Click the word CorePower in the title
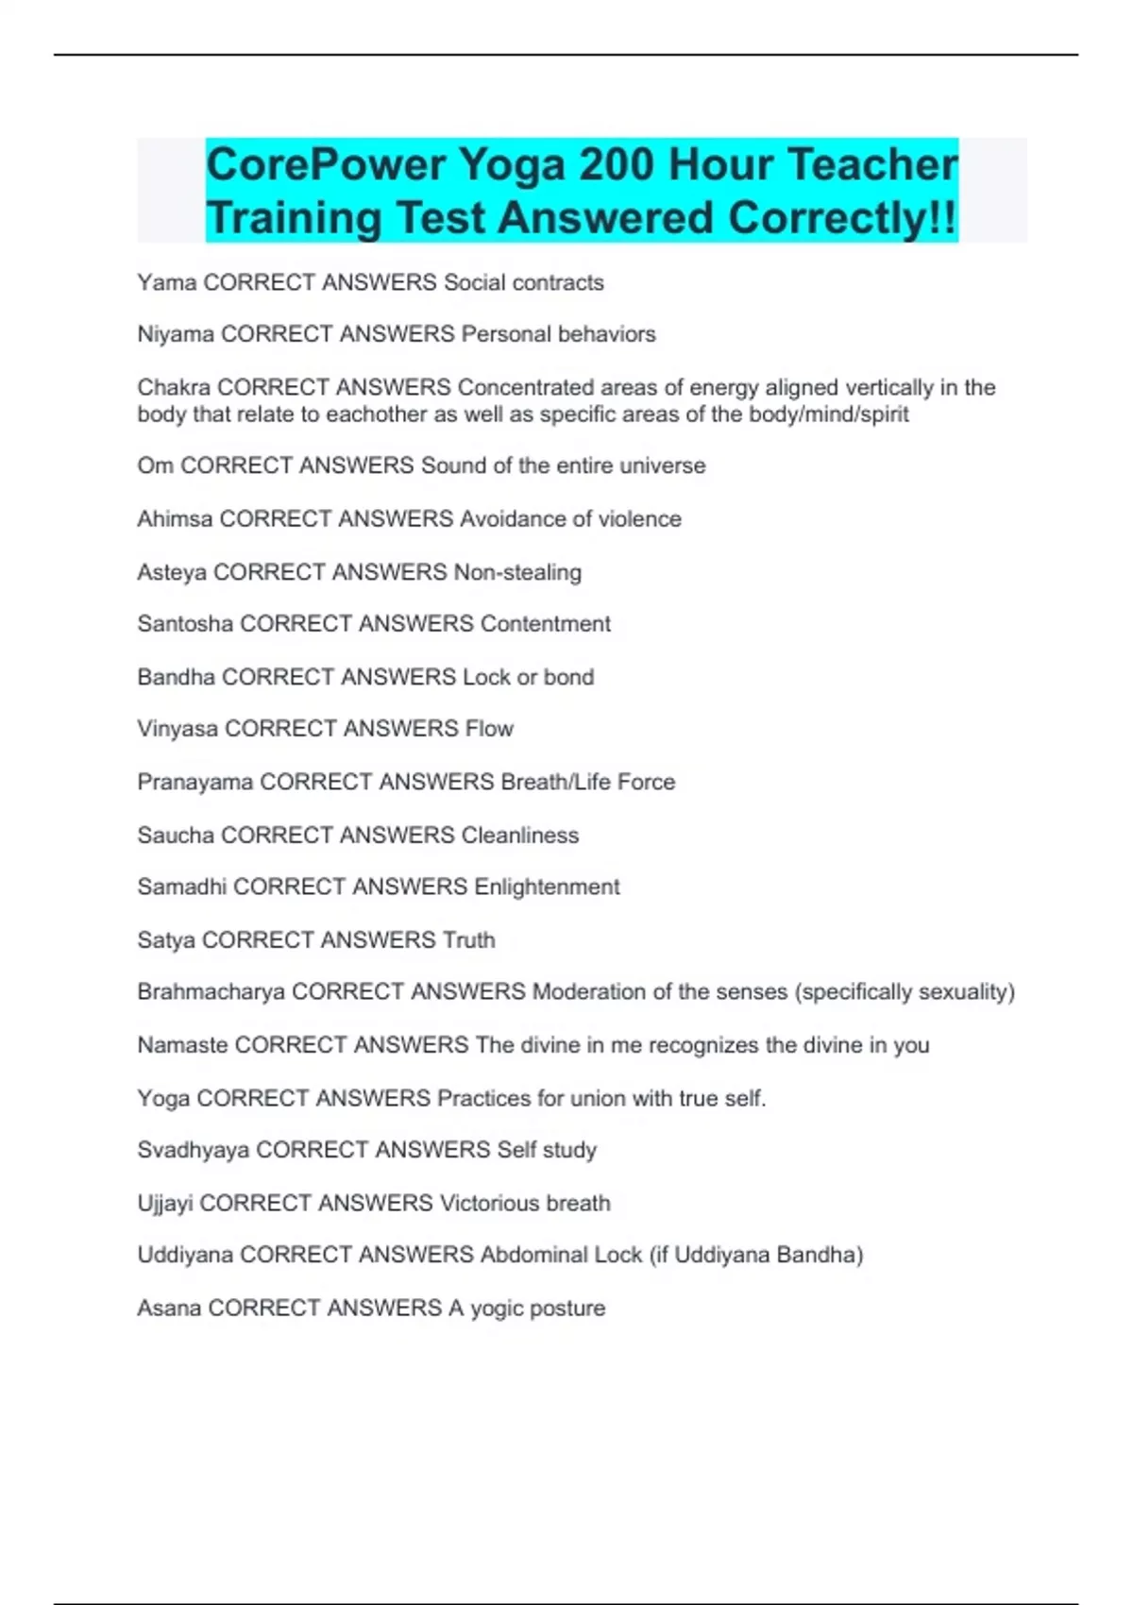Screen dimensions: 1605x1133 pos(326,165)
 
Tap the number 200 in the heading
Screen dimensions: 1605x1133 pos(616,165)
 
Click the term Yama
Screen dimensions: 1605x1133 pos(166,282)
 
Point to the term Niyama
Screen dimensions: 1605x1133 pos(176,334)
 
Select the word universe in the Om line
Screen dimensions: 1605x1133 pos(662,465)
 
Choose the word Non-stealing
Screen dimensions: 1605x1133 pos(517,572)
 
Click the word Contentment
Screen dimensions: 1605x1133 pos(545,624)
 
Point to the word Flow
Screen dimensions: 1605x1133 pos(489,729)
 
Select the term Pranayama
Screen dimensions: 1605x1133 pos(194,782)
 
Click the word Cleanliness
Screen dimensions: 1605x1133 pos(519,835)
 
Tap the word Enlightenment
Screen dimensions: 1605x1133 pos(547,887)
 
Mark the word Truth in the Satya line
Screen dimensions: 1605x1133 pos(468,939)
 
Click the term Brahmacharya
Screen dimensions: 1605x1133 pos(211,992)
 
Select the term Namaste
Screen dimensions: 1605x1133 pos(182,1045)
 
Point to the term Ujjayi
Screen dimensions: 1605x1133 pos(165,1203)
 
